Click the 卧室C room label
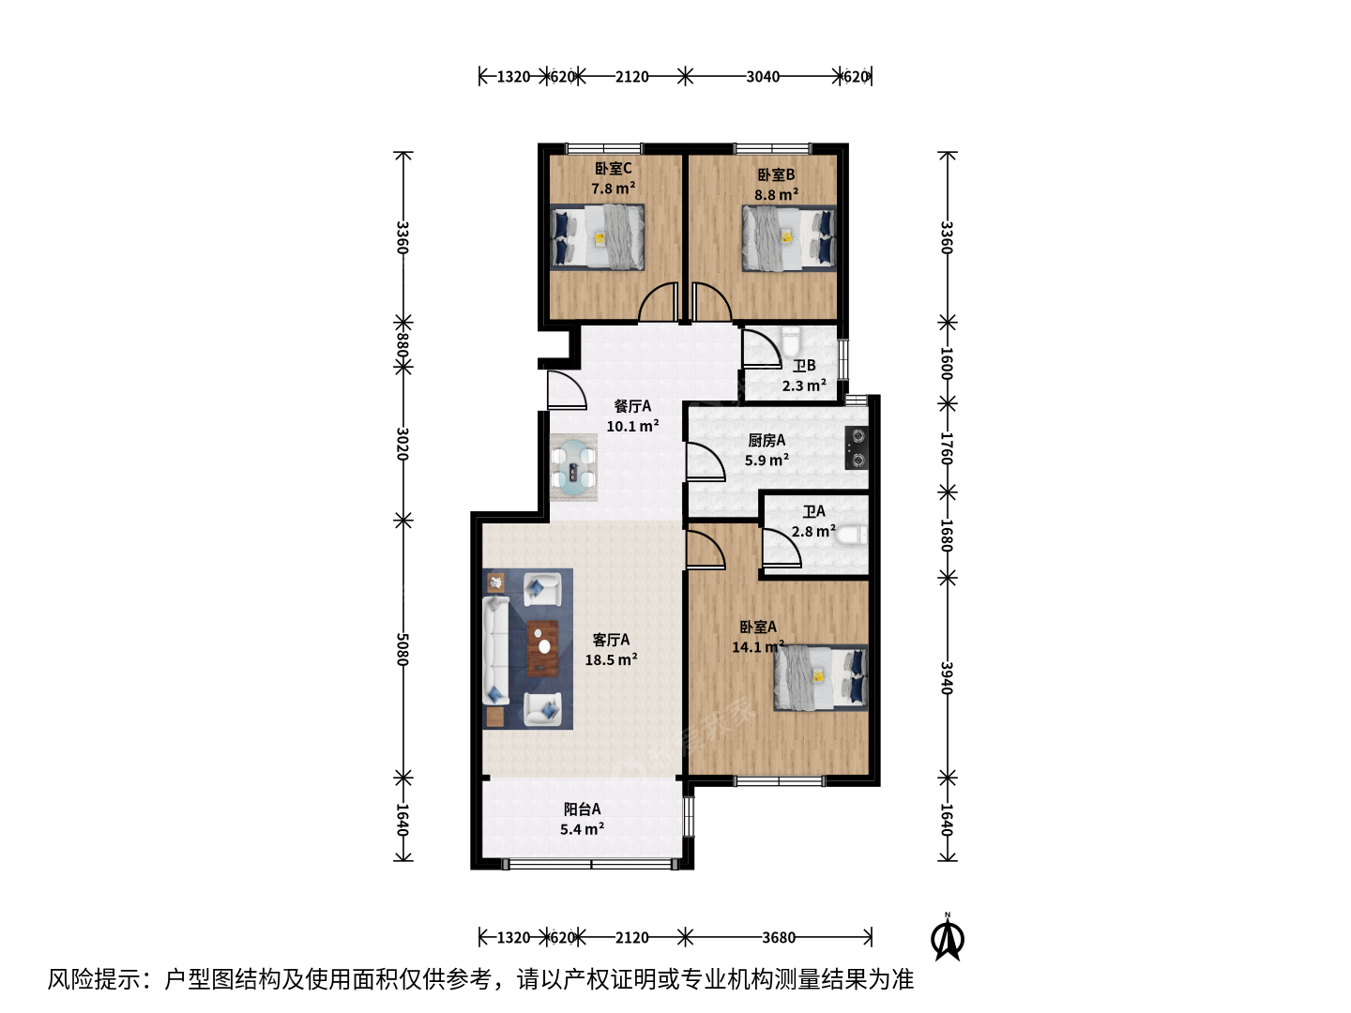613,168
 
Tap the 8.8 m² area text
776,194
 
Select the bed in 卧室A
820,678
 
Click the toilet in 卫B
790,342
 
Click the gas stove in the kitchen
857,447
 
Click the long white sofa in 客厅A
495,650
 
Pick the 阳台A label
582,809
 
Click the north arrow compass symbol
948,938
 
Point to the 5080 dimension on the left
402,649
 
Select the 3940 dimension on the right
947,678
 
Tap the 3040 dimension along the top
763,77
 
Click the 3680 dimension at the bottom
779,937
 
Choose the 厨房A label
767,440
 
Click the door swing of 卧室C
658,301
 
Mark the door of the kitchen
706,461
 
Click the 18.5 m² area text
611,659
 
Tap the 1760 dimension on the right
947,448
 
